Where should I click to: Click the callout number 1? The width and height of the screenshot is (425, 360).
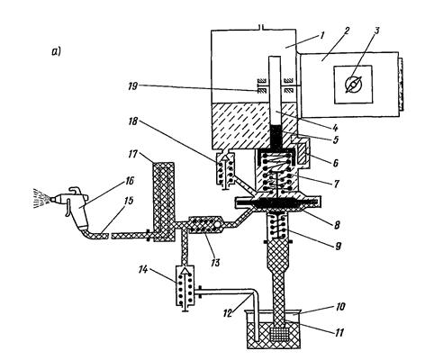click(x=321, y=36)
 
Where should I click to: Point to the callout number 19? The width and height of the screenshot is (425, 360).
click(x=132, y=86)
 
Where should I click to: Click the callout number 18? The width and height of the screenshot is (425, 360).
click(x=132, y=121)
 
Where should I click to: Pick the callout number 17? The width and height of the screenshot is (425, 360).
click(x=131, y=155)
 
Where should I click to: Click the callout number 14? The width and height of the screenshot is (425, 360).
click(x=142, y=270)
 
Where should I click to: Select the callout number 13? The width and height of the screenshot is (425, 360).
click(x=214, y=263)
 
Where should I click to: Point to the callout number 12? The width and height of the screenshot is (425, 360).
click(x=229, y=313)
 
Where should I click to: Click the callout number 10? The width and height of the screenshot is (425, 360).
click(x=339, y=307)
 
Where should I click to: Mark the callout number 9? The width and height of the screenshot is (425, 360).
click(x=338, y=246)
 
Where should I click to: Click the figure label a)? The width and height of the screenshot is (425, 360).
click(x=56, y=52)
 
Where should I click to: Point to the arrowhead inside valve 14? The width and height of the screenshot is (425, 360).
click(x=186, y=272)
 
